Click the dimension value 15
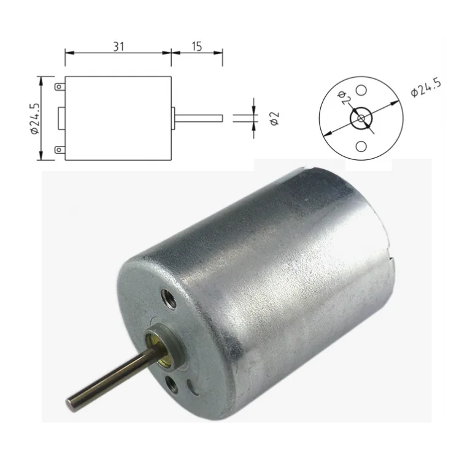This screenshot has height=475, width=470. pyautogui.click(x=196, y=46)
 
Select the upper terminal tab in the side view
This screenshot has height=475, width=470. pyautogui.click(x=60, y=87)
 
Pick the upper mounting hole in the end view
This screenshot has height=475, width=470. pyautogui.click(x=361, y=89)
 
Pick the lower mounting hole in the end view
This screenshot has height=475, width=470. pyautogui.click(x=361, y=146)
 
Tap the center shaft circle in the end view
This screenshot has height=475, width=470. pyautogui.click(x=361, y=118)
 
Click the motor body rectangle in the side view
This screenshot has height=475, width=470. pyautogui.click(x=117, y=118)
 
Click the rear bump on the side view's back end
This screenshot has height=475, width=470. pyautogui.click(x=61, y=118)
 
